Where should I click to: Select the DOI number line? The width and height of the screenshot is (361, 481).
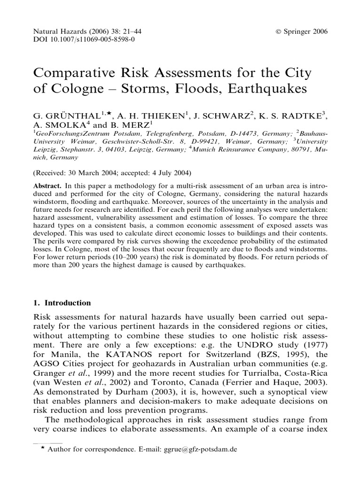click(x=85, y=39)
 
